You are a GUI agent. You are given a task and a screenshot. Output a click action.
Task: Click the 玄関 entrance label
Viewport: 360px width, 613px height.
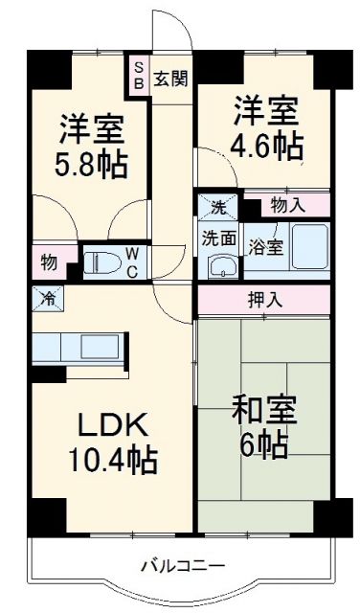pyautogui.click(x=172, y=78)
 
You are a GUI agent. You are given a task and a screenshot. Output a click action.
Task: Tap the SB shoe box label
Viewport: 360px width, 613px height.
pyautogui.click(x=139, y=76)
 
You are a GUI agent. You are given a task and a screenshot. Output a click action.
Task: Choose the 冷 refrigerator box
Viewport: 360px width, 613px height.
pyautogui.click(x=47, y=297)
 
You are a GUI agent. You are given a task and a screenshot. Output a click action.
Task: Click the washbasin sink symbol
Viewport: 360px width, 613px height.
pyautogui.click(x=221, y=266)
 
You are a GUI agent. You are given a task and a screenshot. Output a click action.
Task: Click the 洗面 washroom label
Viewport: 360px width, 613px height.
pyautogui.click(x=218, y=238)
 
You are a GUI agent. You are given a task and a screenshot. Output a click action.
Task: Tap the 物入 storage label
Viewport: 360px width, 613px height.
pyautogui.click(x=287, y=204)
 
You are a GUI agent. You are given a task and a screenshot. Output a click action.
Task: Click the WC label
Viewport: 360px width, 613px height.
pyautogui.click(x=134, y=261)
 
